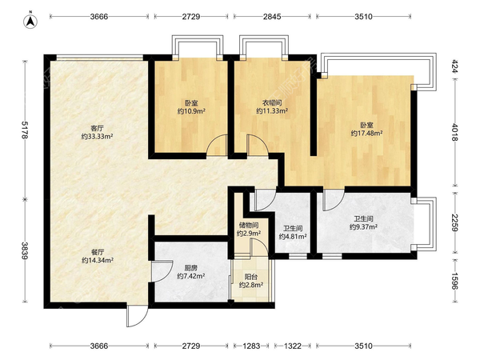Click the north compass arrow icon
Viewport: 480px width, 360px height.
pos(30,21)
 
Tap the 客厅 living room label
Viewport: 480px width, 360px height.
pos(97,128)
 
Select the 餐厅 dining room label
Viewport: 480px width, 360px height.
pos(98,252)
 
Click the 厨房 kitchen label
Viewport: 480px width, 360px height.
pos(190,268)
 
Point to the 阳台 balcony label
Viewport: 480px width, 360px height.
pos(251,277)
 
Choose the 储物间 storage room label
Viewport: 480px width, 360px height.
pos(249,226)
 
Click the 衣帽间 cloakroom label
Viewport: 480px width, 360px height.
pos(272,102)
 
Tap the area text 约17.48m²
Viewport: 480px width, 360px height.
pos(366,133)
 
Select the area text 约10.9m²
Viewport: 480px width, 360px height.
pos(191,111)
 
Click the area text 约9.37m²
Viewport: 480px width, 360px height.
pos(363,227)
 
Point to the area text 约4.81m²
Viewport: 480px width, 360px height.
pos(293,236)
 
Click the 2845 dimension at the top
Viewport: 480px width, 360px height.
pos(272,17)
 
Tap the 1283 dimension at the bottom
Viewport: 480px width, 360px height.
pos(251,346)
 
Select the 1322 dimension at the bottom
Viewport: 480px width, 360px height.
pos(293,346)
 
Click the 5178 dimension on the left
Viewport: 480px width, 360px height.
pos(25,130)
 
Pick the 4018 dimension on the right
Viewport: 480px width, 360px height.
pos(455,132)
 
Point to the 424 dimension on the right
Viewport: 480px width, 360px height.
pos(455,66)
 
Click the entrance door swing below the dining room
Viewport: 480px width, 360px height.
pos(137,315)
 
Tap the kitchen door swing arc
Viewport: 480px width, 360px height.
pos(163,271)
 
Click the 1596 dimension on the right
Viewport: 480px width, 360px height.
pos(455,281)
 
